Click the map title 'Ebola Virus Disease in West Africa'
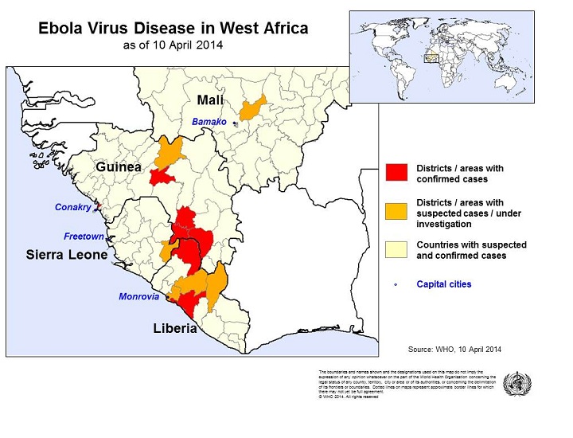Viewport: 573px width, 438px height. click(173, 29)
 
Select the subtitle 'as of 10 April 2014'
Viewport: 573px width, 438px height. click(173, 45)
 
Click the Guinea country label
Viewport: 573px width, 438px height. click(119, 167)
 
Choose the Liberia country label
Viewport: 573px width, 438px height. click(174, 328)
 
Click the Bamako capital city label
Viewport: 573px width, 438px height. click(209, 122)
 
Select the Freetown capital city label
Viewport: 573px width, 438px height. click(84, 237)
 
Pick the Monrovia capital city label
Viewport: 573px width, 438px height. click(138, 296)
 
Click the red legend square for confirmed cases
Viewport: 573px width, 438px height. click(396, 173)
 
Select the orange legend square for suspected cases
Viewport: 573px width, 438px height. click(396, 213)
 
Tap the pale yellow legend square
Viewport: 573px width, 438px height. click(396, 250)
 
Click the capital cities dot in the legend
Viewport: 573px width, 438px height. click(396, 284)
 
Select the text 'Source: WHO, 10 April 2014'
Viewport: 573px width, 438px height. click(454, 349)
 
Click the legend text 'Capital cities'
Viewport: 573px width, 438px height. click(443, 284)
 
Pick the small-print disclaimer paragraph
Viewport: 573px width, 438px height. click(407, 385)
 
